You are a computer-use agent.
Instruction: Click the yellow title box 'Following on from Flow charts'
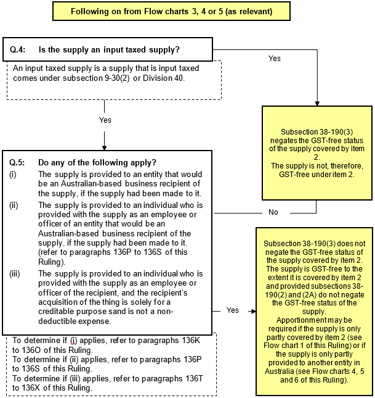pyautogui.click(x=172, y=11)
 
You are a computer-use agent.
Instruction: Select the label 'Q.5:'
pyautogui.click(x=17, y=162)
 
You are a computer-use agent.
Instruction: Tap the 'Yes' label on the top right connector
pyautogui.click(x=275, y=59)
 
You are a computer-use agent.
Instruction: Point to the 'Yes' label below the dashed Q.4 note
pyautogui.click(x=105, y=120)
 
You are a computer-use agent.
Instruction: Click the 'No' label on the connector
pyautogui.click(x=274, y=212)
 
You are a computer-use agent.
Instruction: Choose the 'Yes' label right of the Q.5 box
pyautogui.click(x=233, y=310)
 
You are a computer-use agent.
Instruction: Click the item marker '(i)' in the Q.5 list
pyautogui.click(x=13, y=174)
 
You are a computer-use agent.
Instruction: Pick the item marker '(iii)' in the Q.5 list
pyautogui.click(x=15, y=273)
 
